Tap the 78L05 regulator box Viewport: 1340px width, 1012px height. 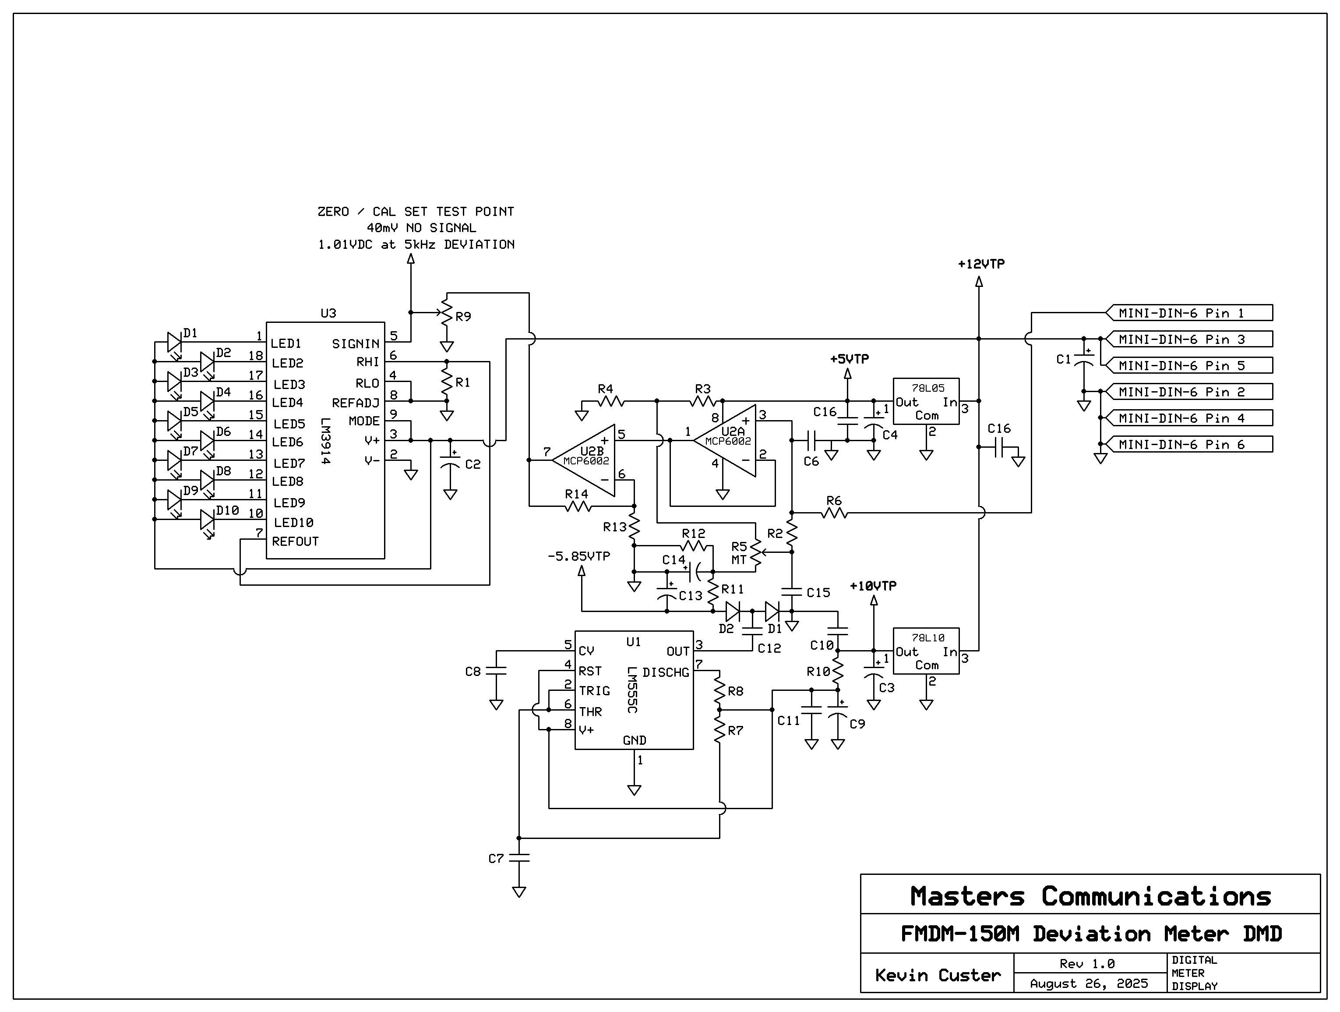[926, 401]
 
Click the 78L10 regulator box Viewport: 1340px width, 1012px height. [926, 651]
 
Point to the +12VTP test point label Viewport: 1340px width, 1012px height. [981, 264]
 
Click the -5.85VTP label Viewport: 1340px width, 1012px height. [578, 556]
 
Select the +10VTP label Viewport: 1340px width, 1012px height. [873, 586]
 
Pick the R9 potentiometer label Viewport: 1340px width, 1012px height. [463, 316]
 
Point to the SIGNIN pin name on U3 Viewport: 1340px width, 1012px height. [356, 343]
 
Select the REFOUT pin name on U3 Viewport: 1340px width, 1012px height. [295, 541]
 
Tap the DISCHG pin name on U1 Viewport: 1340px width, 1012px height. [665, 672]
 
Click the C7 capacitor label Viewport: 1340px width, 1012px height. [496, 859]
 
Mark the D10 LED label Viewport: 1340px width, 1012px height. [227, 510]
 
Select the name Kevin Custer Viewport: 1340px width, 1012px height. [937, 975]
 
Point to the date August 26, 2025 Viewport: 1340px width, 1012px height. [1089, 984]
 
